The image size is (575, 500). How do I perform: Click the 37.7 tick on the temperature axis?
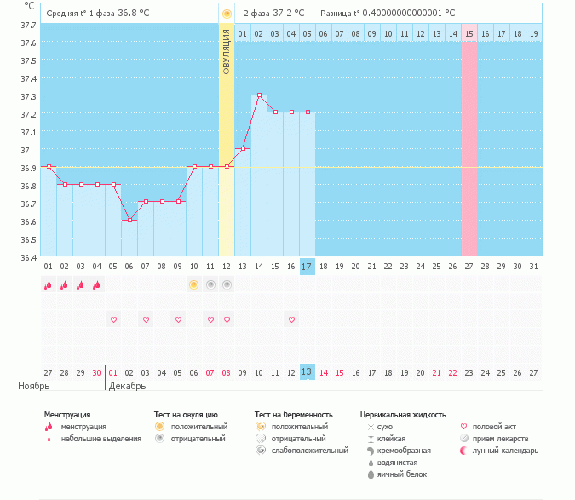coord(28,26)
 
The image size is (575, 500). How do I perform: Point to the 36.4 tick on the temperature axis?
coord(28,257)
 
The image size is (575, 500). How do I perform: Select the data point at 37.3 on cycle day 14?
coord(259,95)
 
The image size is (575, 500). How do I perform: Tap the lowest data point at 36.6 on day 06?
coord(129,220)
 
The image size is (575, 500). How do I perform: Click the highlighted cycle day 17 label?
coord(307,267)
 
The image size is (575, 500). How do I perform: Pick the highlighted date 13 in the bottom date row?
coord(307,372)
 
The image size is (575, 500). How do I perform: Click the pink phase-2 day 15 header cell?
coord(469,33)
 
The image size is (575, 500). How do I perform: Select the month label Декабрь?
coord(127,386)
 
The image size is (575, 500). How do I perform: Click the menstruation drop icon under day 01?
coord(49,285)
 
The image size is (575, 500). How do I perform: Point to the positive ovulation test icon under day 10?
coord(194,284)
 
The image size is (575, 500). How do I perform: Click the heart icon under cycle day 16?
coord(291,319)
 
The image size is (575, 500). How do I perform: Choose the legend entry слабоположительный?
coord(310,450)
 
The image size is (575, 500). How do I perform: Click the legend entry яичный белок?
coord(401,474)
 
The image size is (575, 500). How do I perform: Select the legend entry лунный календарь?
coord(505,450)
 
